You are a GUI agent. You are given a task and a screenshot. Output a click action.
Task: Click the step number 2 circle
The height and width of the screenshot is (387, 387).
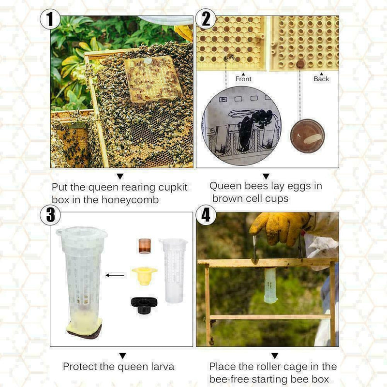[206, 20]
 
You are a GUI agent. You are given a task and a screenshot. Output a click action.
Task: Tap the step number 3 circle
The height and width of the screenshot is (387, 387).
[50, 215]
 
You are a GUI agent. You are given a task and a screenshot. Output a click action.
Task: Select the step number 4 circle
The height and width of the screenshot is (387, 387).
[206, 215]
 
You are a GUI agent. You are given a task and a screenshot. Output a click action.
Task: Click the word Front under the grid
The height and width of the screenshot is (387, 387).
[243, 79]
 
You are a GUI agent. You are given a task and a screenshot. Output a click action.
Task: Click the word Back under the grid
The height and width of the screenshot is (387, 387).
[321, 79]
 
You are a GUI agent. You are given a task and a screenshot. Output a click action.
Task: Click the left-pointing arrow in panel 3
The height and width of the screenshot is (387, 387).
[115, 275]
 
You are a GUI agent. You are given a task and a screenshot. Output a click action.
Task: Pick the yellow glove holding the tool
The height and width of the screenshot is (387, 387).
[278, 226]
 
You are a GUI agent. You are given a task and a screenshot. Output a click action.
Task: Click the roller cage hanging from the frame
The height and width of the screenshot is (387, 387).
[270, 286]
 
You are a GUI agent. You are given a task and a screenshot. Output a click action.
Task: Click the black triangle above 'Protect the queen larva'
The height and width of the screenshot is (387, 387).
[122, 356]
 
